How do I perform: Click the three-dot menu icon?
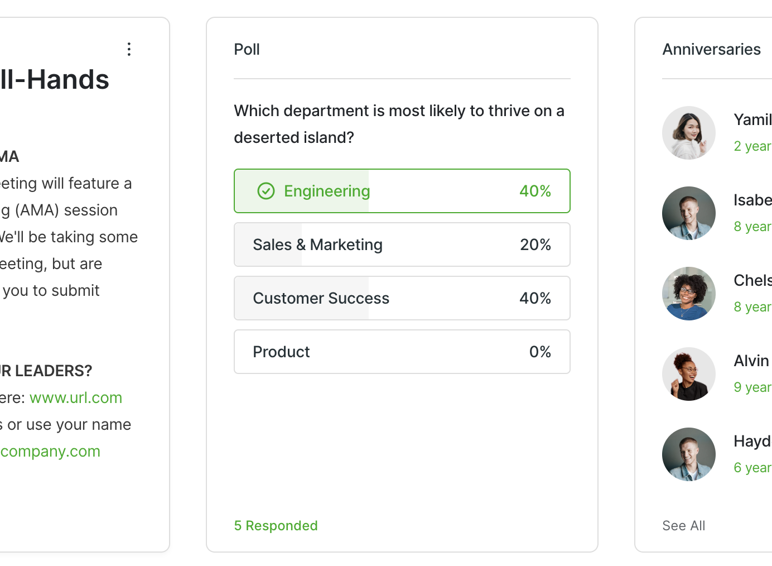coord(129,49)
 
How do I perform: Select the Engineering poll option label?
coord(327,191)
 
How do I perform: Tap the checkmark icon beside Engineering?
coord(266,191)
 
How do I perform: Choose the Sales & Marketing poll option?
coord(317,244)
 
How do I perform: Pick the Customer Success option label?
coord(321,298)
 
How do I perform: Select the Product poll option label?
coord(281,352)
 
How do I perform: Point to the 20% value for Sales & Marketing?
coord(535,244)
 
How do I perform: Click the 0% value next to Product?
coord(539,352)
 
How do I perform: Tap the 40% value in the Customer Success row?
coord(535,298)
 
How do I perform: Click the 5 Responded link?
coord(276,526)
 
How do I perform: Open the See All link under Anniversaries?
coord(683,526)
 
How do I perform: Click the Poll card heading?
coord(247,49)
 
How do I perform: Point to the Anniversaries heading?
coord(711,49)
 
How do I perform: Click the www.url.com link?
coord(76,397)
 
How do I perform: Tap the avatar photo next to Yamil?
coord(689,133)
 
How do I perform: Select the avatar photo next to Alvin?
coord(689,374)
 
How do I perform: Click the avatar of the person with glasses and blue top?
coord(689,294)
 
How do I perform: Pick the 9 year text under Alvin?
coord(752,387)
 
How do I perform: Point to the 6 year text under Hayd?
coord(752,468)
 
